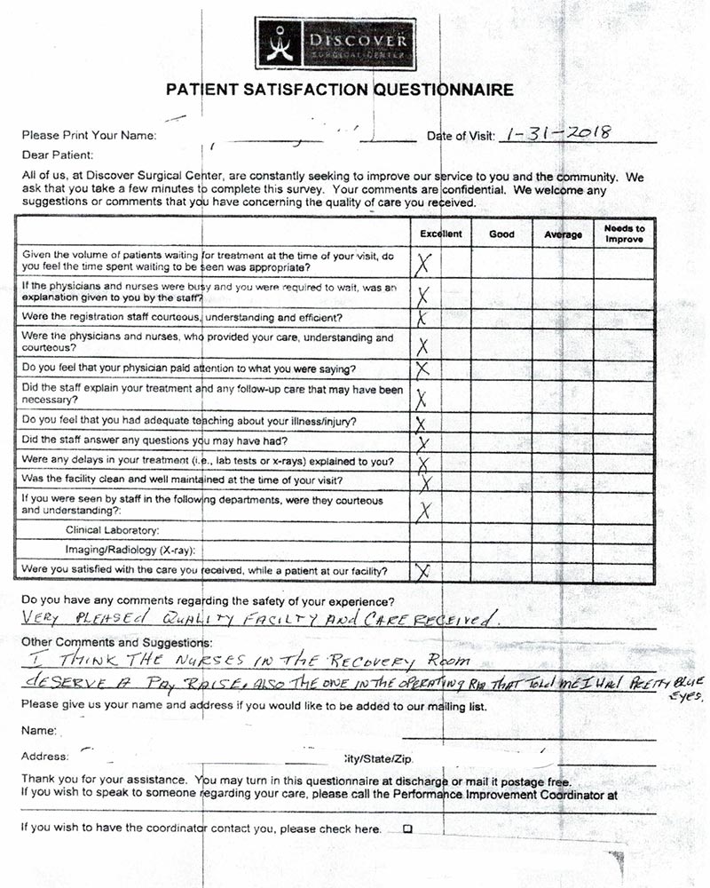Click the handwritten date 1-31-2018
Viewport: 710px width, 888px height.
pos(556,133)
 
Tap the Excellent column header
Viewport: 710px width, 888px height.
pos(440,234)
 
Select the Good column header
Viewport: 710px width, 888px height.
pos(501,234)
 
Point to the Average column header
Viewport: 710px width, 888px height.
pos(563,234)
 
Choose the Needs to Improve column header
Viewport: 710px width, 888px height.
pos(624,234)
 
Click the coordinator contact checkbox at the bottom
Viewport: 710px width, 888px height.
pos(408,829)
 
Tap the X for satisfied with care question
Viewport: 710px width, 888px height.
pos(423,571)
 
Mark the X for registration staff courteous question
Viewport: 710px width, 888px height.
pos(423,318)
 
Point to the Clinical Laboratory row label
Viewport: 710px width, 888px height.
pos(112,530)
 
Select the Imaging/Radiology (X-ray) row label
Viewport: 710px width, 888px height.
pos(130,551)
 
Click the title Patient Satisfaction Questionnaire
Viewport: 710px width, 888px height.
pos(340,90)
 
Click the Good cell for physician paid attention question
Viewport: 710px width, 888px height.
pos(501,369)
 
